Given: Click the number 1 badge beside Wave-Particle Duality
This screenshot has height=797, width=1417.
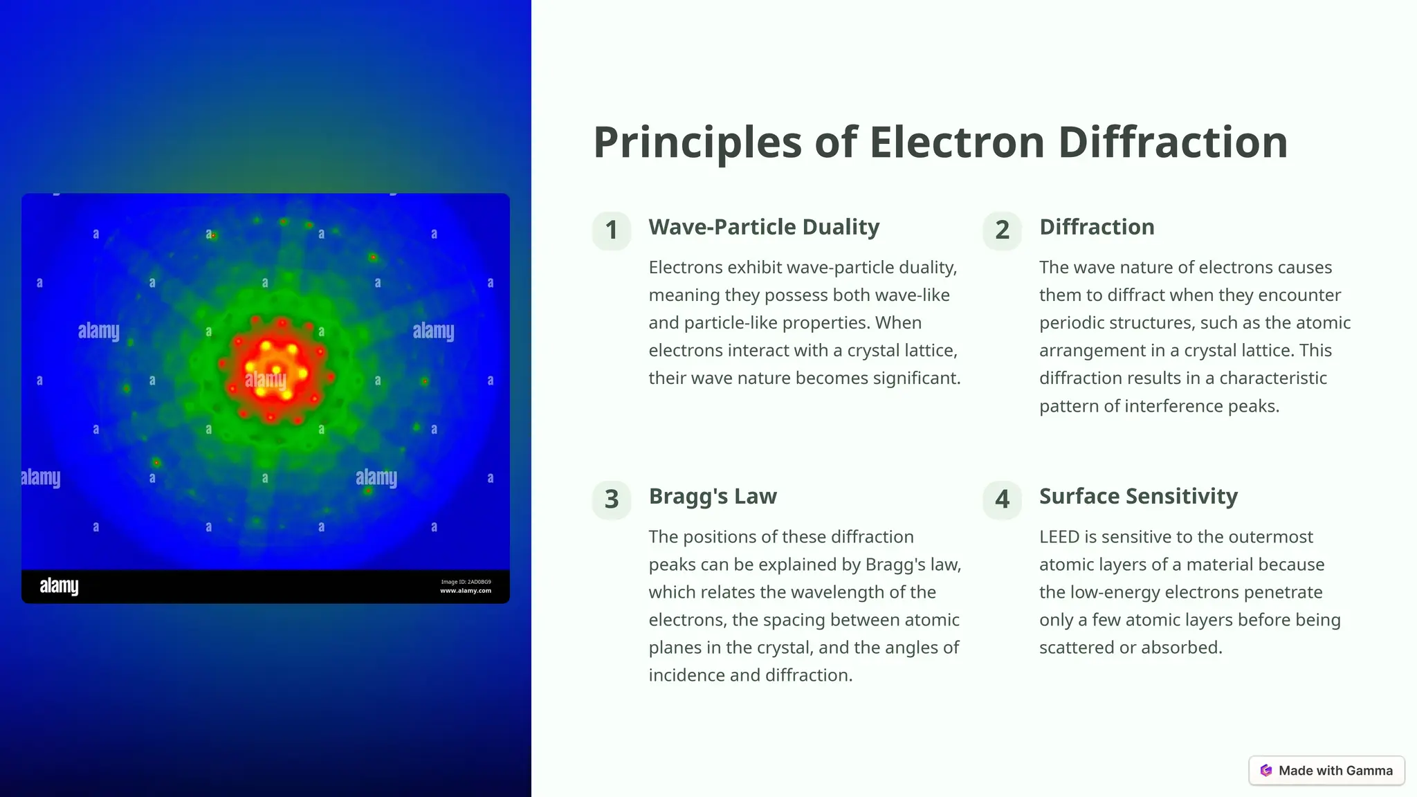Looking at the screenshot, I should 612,230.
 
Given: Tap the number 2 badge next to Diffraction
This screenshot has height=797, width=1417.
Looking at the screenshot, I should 1002,230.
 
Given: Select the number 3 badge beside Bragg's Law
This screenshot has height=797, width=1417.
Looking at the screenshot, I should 612,500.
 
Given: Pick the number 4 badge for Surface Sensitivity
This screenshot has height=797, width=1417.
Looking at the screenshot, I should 1002,500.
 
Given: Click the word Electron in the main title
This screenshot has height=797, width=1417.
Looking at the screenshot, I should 956,143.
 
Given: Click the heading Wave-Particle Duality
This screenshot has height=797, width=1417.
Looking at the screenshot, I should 764,227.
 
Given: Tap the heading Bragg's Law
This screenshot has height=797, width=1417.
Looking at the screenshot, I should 713,496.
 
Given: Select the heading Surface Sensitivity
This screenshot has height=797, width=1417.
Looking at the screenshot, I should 1138,496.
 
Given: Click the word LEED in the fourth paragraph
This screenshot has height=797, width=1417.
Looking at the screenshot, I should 1059,537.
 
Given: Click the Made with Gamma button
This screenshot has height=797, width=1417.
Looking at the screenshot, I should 1326,771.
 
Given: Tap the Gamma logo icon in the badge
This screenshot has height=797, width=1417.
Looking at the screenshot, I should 1266,771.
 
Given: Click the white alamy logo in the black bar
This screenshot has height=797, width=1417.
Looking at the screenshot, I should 59,586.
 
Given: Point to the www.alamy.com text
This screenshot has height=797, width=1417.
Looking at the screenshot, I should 466,591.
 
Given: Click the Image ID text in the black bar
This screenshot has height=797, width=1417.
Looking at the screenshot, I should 466,582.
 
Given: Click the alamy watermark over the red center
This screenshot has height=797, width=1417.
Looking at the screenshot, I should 266,379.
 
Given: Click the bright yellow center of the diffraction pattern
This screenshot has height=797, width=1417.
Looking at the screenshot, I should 276,370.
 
